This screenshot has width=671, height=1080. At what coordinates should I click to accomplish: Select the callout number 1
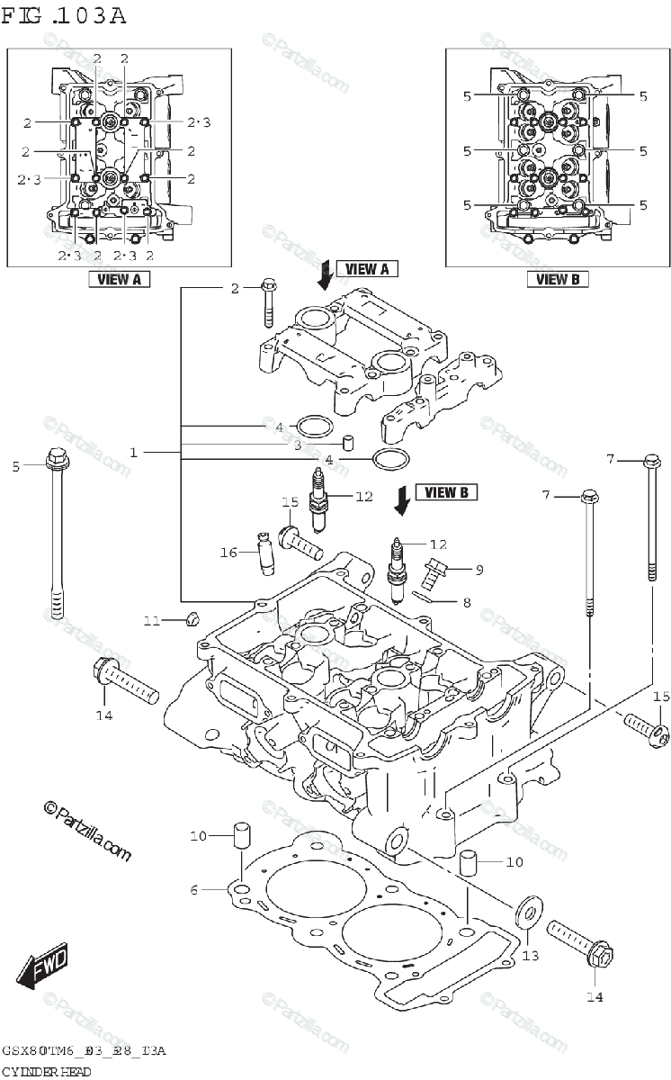click(133, 453)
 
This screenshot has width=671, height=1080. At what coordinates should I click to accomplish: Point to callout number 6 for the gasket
click(193, 890)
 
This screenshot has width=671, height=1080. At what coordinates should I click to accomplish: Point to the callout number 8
click(467, 602)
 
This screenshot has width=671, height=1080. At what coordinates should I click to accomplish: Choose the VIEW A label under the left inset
click(119, 279)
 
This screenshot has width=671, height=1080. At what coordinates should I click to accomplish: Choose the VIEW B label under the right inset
click(558, 279)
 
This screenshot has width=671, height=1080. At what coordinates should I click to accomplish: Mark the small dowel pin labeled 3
click(347, 443)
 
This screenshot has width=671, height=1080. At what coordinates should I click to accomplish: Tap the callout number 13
click(531, 955)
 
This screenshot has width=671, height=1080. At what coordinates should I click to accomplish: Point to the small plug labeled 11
click(190, 618)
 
